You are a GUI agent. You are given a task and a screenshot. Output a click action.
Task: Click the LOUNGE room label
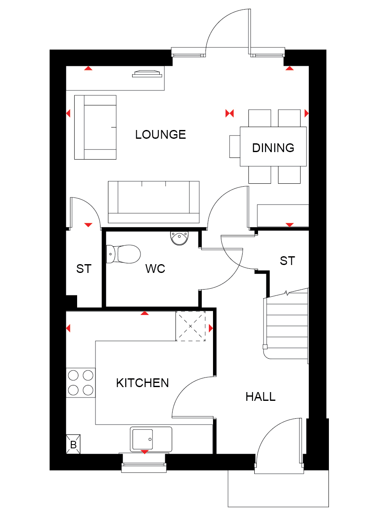tap(160, 135)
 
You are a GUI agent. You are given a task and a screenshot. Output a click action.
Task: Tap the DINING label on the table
tap(273, 148)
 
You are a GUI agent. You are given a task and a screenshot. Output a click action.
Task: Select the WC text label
tap(155, 269)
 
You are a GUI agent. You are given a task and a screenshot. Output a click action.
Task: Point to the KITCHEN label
tap(143, 383)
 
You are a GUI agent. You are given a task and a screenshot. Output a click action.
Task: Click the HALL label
tap(261, 397)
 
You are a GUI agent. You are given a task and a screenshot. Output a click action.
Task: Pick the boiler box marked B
tap(73, 444)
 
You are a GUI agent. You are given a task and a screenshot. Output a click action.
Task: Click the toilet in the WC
tap(123, 254)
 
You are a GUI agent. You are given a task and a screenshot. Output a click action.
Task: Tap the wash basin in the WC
tap(179, 238)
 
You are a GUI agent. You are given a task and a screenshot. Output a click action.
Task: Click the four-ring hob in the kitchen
tap(80, 382)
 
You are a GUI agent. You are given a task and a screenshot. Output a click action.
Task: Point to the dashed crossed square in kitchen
tap(191, 326)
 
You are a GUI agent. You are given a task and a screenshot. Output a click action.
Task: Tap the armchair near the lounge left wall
tap(95, 127)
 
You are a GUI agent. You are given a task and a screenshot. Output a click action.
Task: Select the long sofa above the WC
tap(153, 202)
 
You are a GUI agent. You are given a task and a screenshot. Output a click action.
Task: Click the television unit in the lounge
tap(147, 74)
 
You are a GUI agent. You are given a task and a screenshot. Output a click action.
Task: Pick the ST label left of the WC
tap(84, 269)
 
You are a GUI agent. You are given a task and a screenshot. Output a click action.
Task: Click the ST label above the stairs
tap(287, 261)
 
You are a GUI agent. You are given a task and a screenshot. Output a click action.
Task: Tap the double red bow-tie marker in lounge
tap(229, 113)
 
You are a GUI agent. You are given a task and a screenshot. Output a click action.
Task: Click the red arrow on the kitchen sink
tap(145, 452)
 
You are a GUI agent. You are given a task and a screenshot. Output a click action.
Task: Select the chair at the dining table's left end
tap(235, 147)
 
